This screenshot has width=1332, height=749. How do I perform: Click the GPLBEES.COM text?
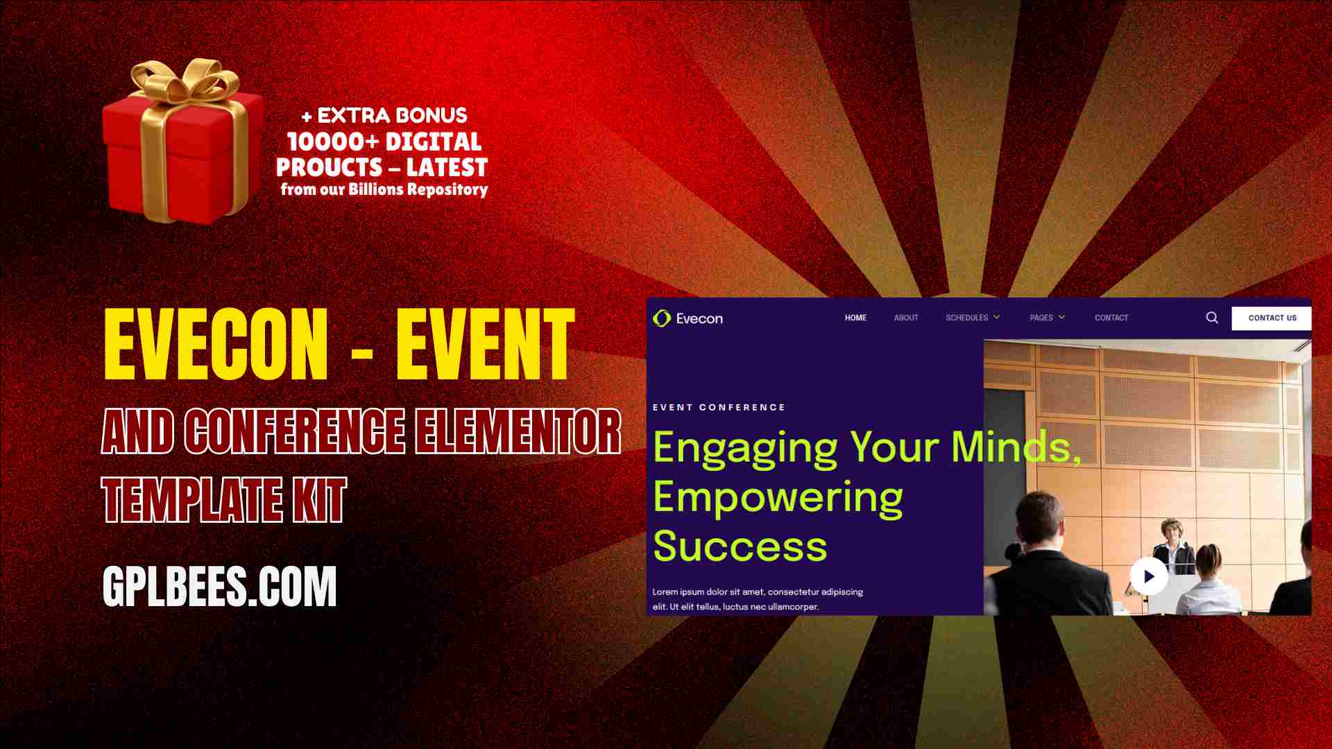point(219,587)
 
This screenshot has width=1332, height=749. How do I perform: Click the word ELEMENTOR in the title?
point(518,431)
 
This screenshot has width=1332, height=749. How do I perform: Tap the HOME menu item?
point(855,318)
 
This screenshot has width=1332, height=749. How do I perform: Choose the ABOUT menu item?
point(906,318)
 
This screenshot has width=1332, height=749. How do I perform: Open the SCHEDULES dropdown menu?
point(973,318)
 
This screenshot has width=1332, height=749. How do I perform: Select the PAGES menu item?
point(1047,318)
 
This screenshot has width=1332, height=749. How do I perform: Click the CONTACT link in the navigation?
point(1111,318)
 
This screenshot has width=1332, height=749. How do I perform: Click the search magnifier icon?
point(1212,318)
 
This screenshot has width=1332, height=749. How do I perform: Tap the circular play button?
point(1148,576)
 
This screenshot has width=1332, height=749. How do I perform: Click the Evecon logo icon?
point(662,318)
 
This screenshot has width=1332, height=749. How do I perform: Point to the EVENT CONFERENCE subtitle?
point(719,407)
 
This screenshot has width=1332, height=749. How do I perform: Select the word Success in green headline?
point(740,546)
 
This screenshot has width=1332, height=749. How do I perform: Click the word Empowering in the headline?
point(778,498)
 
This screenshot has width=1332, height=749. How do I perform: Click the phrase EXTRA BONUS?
point(392,115)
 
